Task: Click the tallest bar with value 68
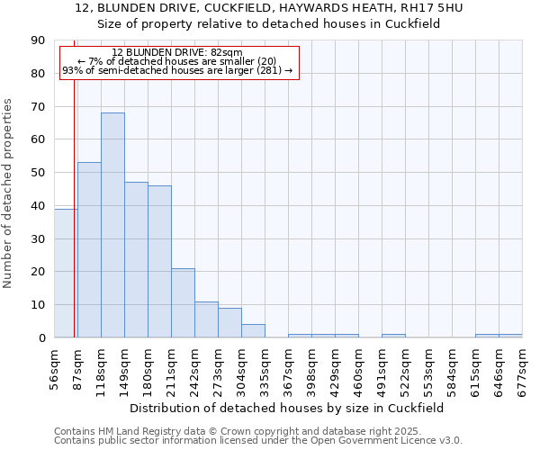tap(112, 225)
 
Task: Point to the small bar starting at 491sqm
tap(393, 336)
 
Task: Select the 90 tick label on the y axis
tap(38, 40)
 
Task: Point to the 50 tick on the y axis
tap(38, 173)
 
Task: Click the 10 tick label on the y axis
tap(38, 305)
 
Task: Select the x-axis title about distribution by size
tap(288, 409)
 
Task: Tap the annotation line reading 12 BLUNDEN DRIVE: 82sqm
tap(177, 52)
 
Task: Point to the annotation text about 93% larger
tap(177, 69)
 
